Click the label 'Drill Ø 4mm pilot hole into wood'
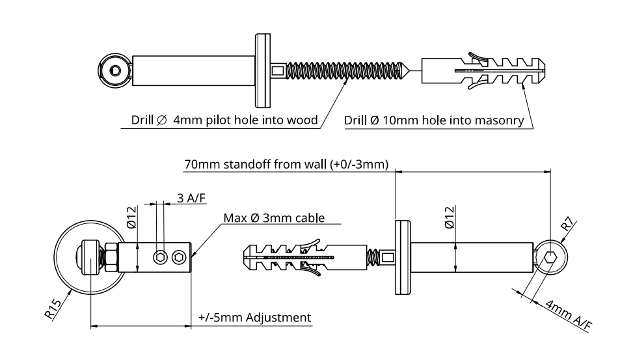224,120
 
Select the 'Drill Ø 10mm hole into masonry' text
434,120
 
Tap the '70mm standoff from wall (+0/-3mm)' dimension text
286,164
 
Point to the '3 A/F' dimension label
187,199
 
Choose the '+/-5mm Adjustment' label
254,318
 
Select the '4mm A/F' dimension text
568,316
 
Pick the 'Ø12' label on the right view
448,217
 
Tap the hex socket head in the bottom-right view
551,257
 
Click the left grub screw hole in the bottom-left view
159,258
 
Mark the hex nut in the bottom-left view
109,258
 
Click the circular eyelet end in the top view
115,70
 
